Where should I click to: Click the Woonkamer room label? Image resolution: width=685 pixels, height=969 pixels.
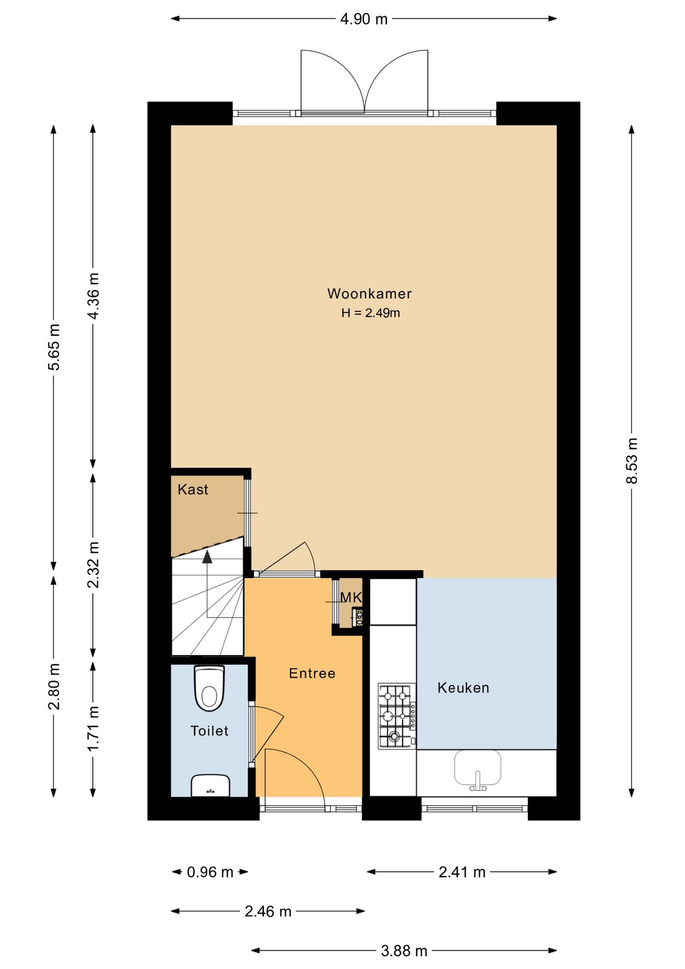(x=369, y=294)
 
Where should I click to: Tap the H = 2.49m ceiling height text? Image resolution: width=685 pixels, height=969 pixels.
(x=370, y=313)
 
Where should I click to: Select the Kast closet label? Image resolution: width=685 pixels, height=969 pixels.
(x=193, y=490)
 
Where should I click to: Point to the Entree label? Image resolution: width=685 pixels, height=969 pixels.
(x=312, y=673)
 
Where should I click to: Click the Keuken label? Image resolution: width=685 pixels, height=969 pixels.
(x=463, y=688)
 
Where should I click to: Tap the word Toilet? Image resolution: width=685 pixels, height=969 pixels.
(x=209, y=731)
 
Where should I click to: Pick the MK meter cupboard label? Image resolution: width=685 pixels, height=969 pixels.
(x=351, y=598)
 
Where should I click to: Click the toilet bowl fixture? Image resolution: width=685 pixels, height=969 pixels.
(x=209, y=688)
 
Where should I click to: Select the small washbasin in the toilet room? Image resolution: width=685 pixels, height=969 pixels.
(x=210, y=786)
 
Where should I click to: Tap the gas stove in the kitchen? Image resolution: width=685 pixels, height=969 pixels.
(x=397, y=716)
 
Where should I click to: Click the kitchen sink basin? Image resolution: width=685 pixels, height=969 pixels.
(x=478, y=769)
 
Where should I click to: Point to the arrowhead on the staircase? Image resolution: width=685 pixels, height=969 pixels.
(x=207, y=557)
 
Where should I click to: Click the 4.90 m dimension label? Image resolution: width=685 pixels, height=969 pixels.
(x=364, y=19)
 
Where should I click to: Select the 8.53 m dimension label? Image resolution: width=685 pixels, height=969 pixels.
(x=632, y=461)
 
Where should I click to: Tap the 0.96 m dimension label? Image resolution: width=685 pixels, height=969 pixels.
(x=210, y=872)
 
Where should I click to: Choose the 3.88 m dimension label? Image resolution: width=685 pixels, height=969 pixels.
(x=404, y=951)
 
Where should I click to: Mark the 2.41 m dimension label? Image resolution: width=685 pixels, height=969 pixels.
(x=462, y=872)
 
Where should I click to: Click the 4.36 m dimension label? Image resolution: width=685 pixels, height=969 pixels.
(x=93, y=296)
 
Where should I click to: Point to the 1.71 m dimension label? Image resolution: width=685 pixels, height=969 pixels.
(x=93, y=729)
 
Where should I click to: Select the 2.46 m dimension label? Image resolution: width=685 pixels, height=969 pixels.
(x=268, y=911)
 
